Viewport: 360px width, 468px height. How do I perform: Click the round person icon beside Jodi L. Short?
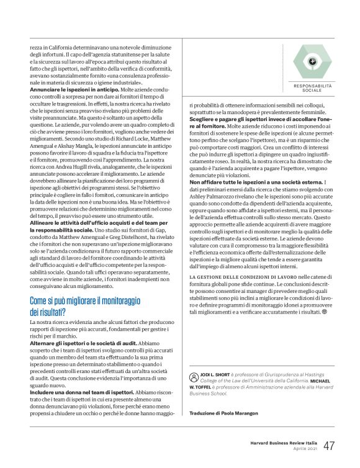tap(194, 376)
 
